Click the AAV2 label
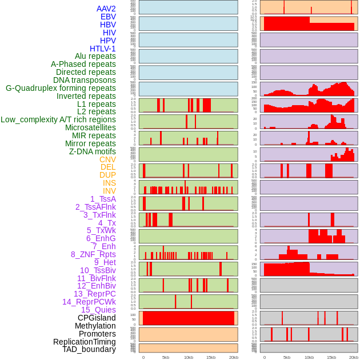pyautogui.click(x=106, y=9)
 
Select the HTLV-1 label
pyautogui.click(x=102, y=49)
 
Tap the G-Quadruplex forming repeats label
pyautogui.click(x=61, y=88)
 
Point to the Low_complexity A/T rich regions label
pyautogui.click(x=58, y=119)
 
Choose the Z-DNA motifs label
pyautogui.click(x=93, y=151)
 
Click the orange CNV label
pyautogui.click(x=107, y=159)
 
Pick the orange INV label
pyautogui.click(x=109, y=191)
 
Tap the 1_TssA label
pyautogui.click(x=103, y=199)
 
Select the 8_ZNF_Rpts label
pyautogui.click(x=93, y=254)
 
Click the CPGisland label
pyautogui.click(x=97, y=318)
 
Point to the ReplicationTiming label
pyautogui.click(x=84, y=342)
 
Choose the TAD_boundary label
pyautogui.click(x=89, y=349)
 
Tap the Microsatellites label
pyautogui.click(x=90, y=127)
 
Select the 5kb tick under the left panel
pyautogui.click(x=166, y=357)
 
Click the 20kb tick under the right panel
pyautogui.click(x=354, y=357)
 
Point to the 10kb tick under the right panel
pyautogui.click(x=309, y=357)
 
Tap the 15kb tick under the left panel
pyautogui.click(x=211, y=357)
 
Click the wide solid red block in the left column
pyautogui.click(x=189, y=318)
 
